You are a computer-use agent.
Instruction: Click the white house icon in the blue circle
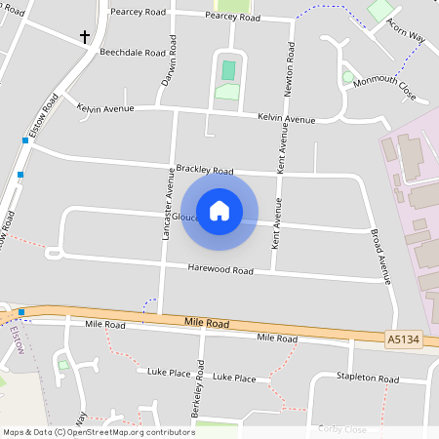click(219, 210)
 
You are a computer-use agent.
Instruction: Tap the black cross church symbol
click(85, 37)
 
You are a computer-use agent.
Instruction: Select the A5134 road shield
click(403, 339)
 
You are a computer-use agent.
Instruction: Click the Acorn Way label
click(406, 29)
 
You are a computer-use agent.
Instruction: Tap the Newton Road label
click(289, 69)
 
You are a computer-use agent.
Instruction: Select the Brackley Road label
click(205, 168)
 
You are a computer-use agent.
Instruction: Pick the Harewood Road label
click(223, 269)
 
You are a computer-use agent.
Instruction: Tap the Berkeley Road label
click(201, 388)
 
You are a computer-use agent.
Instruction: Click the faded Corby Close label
click(341, 429)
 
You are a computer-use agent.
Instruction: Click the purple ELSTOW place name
click(15, 341)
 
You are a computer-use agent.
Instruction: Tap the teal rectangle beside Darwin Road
click(228, 70)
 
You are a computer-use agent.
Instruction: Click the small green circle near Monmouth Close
click(347, 77)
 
